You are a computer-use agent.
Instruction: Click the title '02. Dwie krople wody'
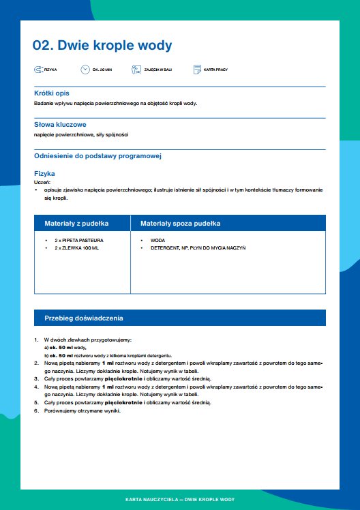coord(102,46)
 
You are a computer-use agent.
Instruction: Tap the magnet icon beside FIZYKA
coord(37,70)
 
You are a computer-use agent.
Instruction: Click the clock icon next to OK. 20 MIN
coord(85,70)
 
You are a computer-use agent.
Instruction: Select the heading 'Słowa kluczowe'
coord(59,125)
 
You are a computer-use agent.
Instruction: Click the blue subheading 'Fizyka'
coord(44,173)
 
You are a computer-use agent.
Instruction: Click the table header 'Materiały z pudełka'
coord(77,224)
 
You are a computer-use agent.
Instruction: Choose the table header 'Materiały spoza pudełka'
coord(180,224)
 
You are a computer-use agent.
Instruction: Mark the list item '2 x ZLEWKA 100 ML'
coord(76,248)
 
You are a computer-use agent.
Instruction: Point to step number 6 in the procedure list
coord(36,410)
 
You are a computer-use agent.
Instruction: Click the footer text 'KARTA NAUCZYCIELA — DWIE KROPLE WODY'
coord(180,500)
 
